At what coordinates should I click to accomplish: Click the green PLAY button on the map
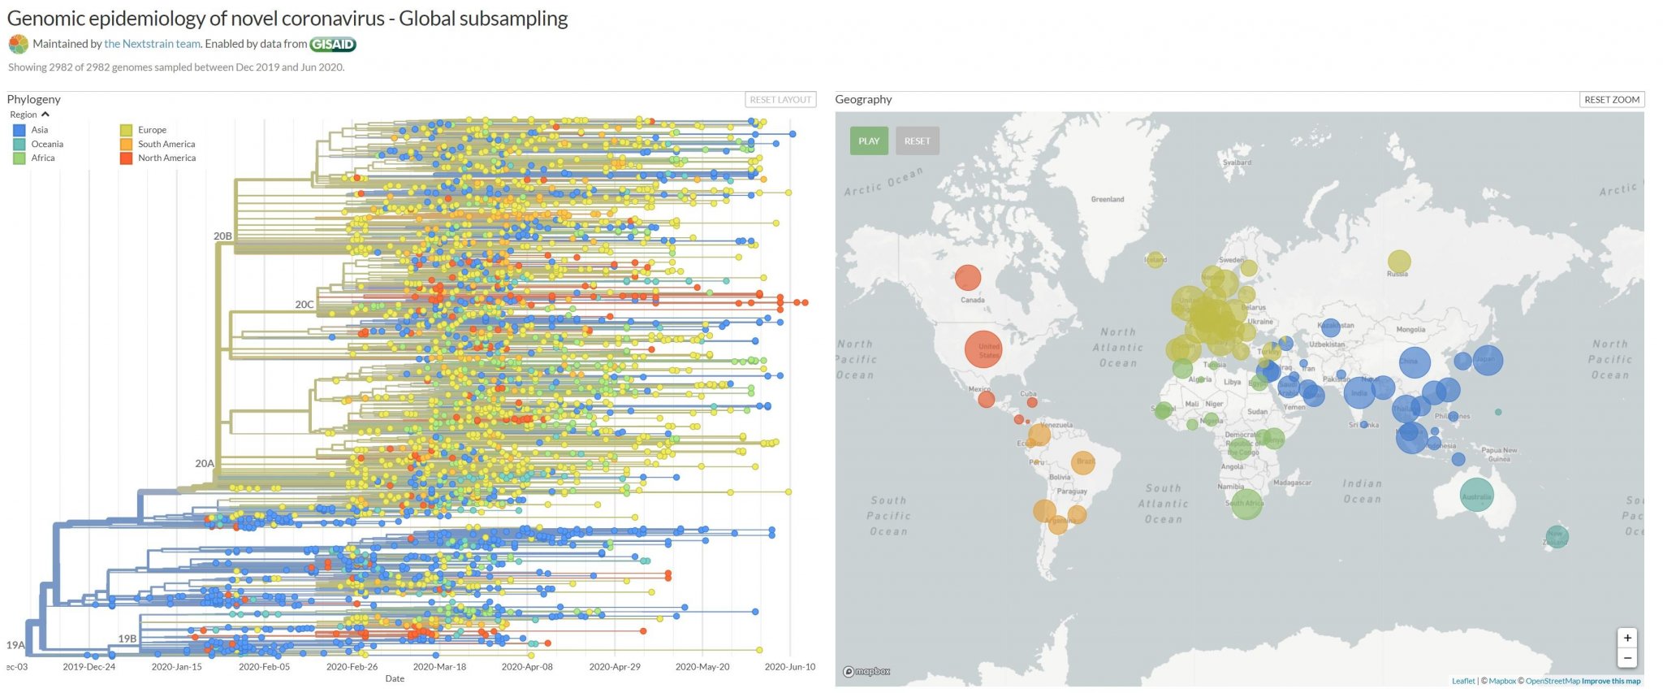click(x=869, y=141)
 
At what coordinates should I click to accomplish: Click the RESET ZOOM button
click(x=1612, y=99)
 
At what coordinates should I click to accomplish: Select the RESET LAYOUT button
click(x=780, y=99)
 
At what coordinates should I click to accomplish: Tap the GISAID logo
click(x=333, y=44)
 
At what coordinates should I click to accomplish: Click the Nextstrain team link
click(x=152, y=44)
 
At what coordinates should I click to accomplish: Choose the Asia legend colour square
click(x=19, y=130)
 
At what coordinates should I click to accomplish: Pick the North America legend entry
click(x=166, y=158)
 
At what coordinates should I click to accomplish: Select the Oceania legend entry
click(x=46, y=144)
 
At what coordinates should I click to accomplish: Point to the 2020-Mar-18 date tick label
click(x=439, y=666)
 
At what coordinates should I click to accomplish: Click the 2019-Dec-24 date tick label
click(x=89, y=666)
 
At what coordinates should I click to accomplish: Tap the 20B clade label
click(x=222, y=236)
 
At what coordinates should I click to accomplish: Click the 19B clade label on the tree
click(x=127, y=639)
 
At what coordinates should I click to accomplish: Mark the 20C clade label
click(x=304, y=305)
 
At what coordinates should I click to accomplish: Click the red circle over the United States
click(x=983, y=349)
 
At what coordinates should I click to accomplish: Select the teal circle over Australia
click(x=1475, y=494)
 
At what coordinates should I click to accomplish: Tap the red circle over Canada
click(x=967, y=278)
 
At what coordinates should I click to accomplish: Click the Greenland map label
click(x=1107, y=199)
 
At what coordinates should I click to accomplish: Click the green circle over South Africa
click(x=1246, y=504)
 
